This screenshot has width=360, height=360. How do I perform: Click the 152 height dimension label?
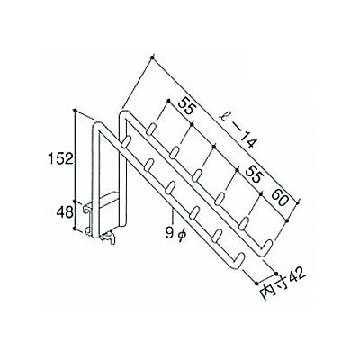pos(60,158)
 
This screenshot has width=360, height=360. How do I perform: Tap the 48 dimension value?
pos(65,212)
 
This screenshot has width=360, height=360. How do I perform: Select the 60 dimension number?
pos(279,197)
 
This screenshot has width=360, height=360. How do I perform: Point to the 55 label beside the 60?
pos(252,175)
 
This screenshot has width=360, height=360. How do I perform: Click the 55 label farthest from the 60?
pos(186,106)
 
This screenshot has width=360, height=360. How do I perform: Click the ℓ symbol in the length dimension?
pos(222,115)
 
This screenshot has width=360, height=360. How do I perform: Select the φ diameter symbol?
pos(182,234)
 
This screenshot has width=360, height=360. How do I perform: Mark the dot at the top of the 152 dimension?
pos(76,110)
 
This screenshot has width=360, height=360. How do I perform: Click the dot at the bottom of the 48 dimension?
pos(75,229)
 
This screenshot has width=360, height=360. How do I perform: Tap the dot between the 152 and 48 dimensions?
pos(76,202)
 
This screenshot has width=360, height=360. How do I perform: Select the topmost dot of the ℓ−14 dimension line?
pos(152,57)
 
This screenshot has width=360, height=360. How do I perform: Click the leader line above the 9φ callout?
pos(173,218)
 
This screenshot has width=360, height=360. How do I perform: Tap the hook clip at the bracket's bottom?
pos(109,237)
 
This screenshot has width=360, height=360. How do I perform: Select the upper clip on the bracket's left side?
pos(87,208)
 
